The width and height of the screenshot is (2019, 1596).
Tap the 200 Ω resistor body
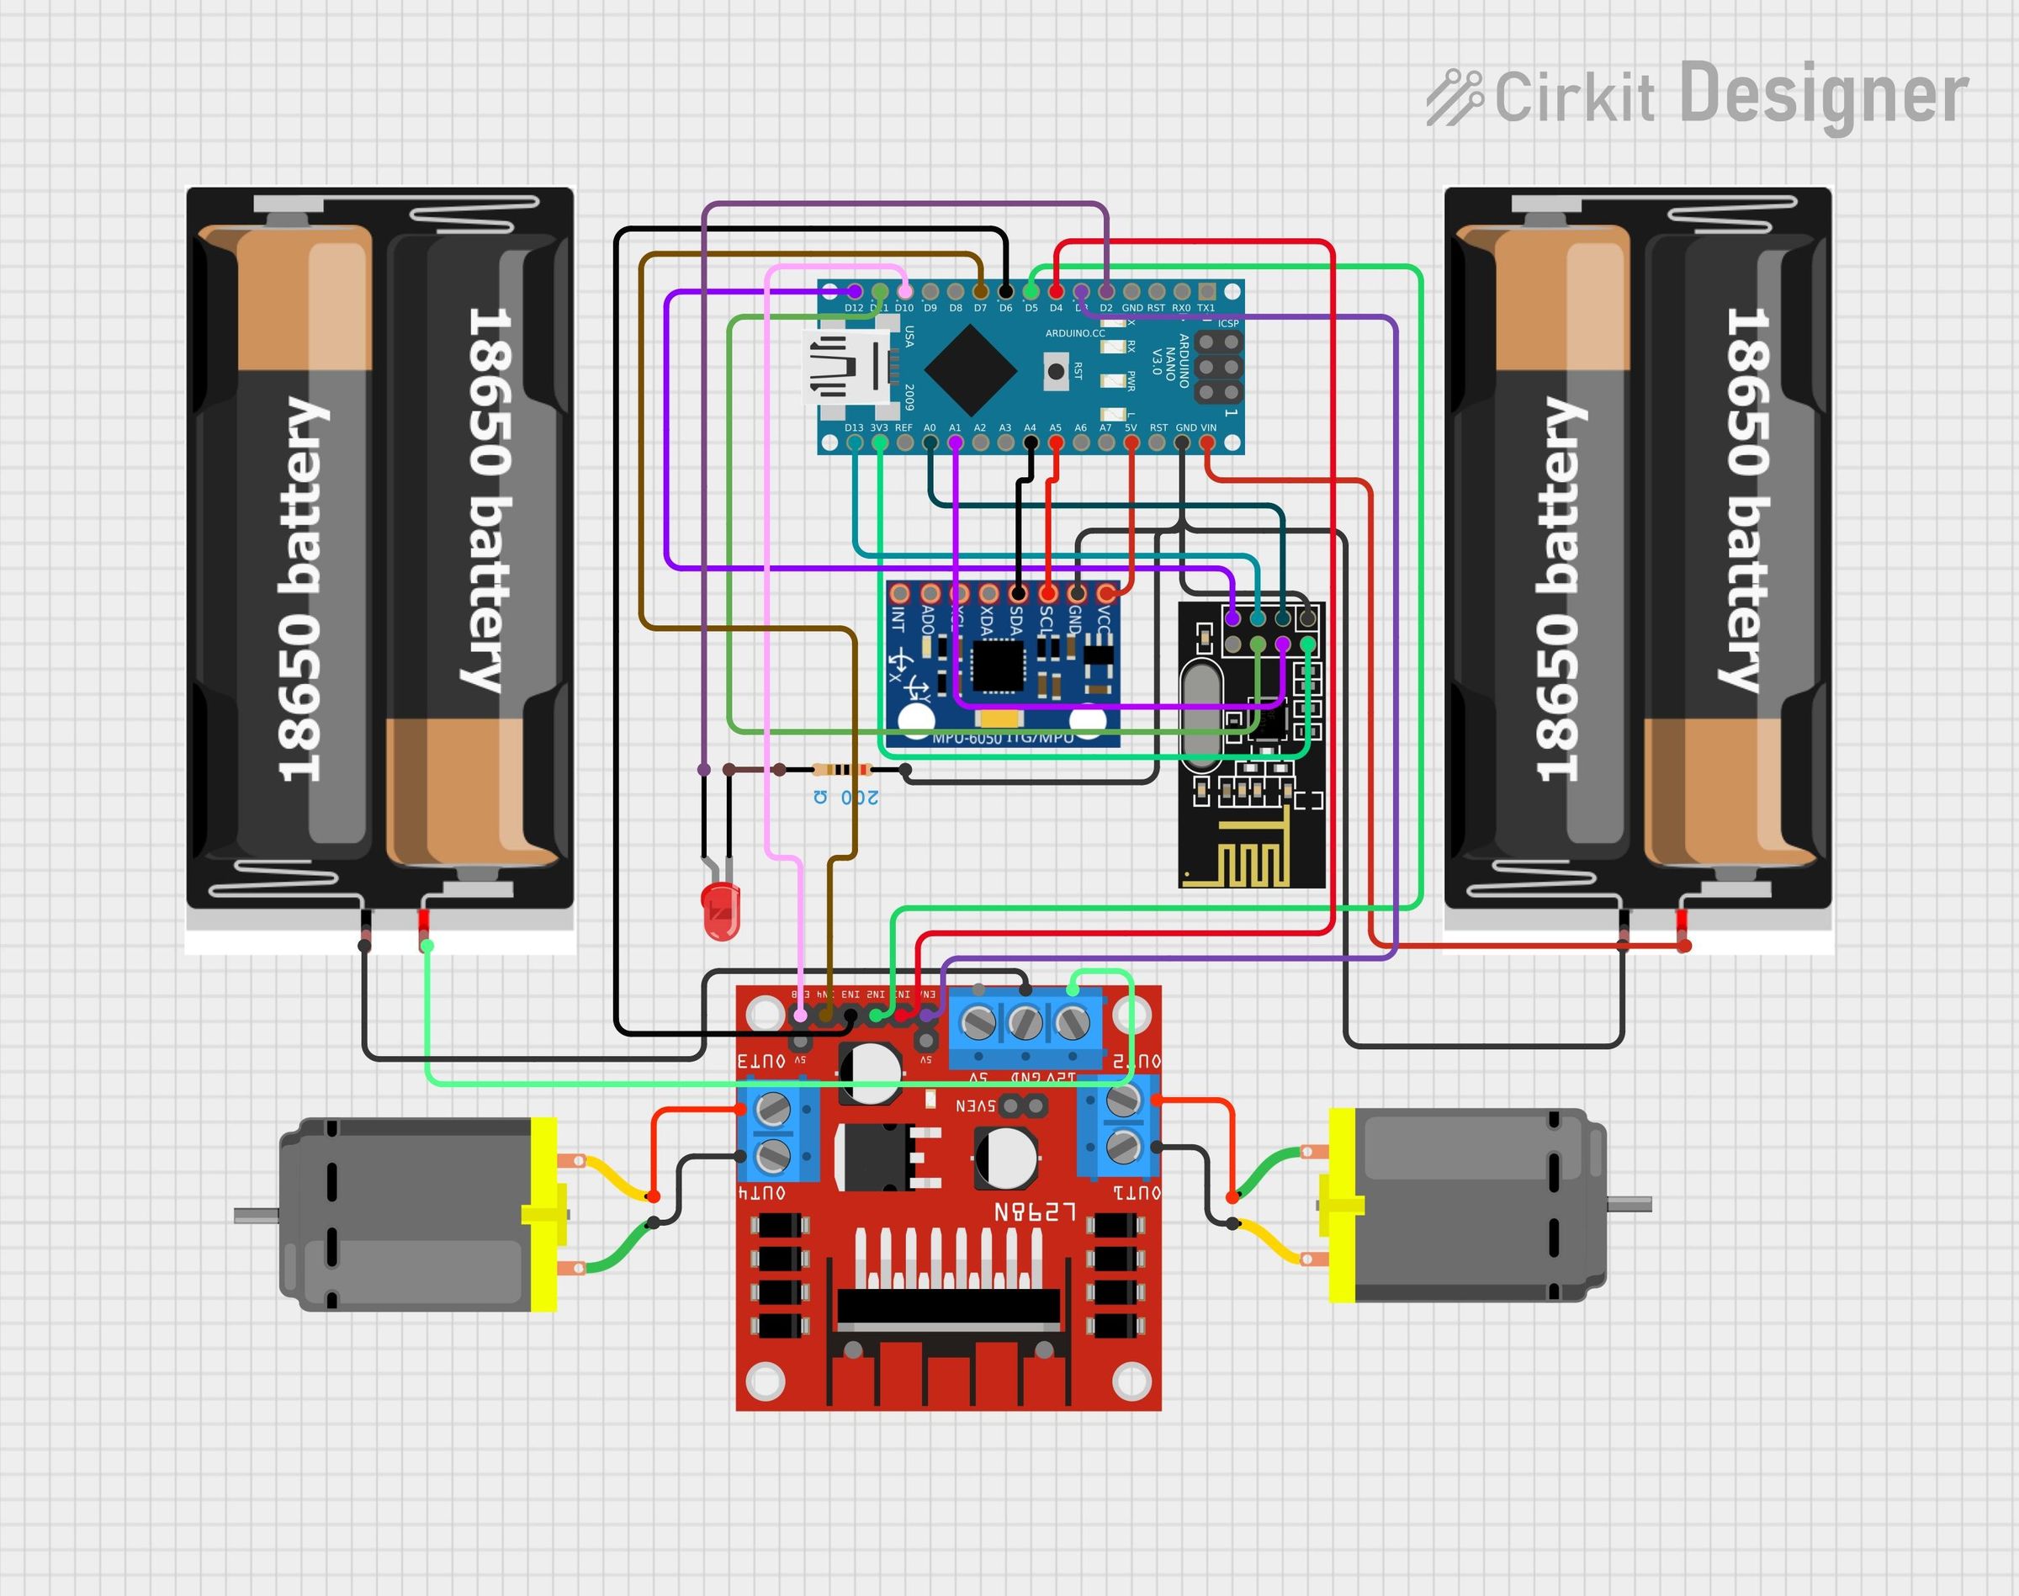click(x=843, y=770)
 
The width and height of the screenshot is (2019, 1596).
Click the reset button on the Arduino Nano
click(x=1056, y=371)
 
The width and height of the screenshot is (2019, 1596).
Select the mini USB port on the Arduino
click(x=845, y=369)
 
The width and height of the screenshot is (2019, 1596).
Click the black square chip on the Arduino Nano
click(x=971, y=371)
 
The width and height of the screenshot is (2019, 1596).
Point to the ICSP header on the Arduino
click(x=1218, y=367)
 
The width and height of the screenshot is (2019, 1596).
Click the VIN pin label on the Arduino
click(x=1209, y=428)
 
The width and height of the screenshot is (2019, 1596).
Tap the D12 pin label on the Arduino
click(x=854, y=307)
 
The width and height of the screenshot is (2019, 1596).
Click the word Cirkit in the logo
click(x=1573, y=98)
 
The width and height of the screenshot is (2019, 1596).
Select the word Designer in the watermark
click(x=1824, y=94)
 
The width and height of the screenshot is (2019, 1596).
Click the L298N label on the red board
click(x=1034, y=1212)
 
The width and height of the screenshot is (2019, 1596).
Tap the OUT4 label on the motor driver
click(x=762, y=1193)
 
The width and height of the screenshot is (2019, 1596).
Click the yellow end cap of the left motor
click(x=543, y=1214)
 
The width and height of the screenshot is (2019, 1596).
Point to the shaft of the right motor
click(x=1630, y=1205)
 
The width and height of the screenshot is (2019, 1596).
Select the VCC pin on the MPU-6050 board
click(x=1106, y=592)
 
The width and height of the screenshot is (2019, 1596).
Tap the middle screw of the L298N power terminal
click(x=1025, y=1022)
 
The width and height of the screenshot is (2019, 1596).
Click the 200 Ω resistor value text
click(x=845, y=797)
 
